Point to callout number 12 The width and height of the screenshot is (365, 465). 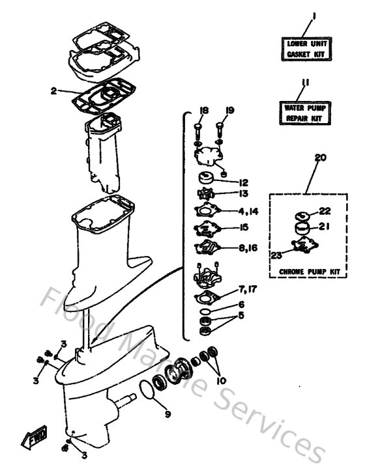pos(243,182)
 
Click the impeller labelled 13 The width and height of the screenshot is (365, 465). pos(207,194)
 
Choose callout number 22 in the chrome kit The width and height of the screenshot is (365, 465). pos(325,211)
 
